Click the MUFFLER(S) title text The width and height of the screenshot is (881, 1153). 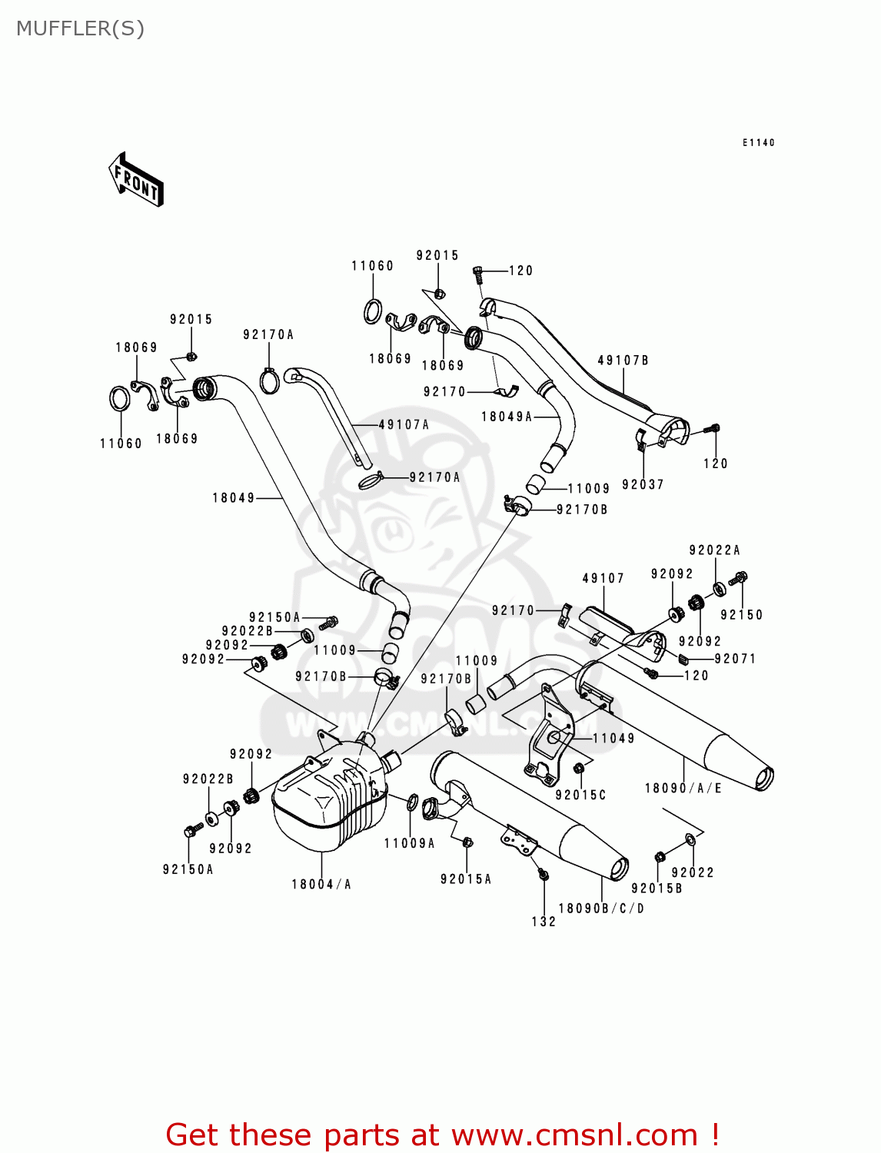click(x=80, y=28)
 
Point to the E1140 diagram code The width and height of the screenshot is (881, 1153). click(x=758, y=142)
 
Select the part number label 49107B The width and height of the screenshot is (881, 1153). click(x=623, y=360)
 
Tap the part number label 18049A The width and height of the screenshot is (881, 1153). click(x=507, y=417)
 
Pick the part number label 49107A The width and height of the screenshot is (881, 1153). click(x=404, y=424)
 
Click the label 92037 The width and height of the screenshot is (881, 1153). click(x=643, y=484)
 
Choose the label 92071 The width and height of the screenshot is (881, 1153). click(x=735, y=659)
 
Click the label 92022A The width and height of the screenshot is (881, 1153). click(x=714, y=550)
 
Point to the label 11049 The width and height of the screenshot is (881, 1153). click(x=613, y=738)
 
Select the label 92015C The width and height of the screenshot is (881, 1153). click(x=580, y=795)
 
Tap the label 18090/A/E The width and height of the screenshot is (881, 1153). click(x=683, y=788)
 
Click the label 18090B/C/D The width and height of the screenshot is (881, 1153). click(x=601, y=909)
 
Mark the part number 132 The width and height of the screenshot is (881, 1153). click(x=544, y=922)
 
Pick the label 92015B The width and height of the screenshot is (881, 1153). click(x=657, y=889)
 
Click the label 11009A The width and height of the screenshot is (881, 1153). click(x=409, y=843)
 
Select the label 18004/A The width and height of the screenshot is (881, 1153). click(x=321, y=885)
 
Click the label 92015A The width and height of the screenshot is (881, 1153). click(x=466, y=879)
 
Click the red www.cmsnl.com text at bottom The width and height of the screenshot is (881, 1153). click(x=573, y=1135)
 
